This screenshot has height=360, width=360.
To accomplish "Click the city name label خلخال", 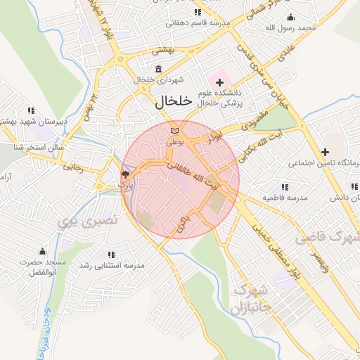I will coord(172,101).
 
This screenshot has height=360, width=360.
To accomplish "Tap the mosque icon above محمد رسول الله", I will coord(291,17).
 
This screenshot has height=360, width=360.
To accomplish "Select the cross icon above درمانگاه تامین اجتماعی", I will coord(325,152).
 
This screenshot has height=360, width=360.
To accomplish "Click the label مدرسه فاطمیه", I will coord(285,198).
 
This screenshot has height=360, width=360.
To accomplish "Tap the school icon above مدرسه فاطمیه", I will coord(285,187).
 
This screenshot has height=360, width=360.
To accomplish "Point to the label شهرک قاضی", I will coord(327,238).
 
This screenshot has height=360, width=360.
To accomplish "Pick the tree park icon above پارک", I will coord(125,174).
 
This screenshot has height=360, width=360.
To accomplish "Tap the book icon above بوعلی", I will coord(174,131).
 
